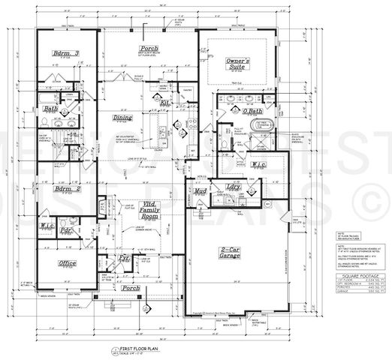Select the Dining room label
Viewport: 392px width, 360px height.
click(122, 118)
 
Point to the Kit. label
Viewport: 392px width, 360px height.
click(164, 103)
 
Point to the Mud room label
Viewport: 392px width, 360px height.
click(200, 192)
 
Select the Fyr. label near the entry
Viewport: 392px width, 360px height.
click(126, 258)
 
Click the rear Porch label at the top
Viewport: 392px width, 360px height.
click(148, 49)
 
